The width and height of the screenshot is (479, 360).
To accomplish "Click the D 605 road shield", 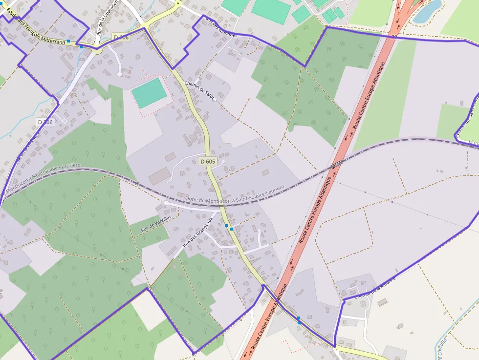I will (208, 161).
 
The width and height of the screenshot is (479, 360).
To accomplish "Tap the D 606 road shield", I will (121, 38).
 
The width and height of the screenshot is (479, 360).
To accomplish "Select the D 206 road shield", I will (45, 122).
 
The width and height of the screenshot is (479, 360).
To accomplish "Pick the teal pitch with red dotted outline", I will (149, 93).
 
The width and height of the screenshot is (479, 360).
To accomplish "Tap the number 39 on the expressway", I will (394, 36).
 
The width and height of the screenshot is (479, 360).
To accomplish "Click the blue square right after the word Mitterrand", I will (68, 41).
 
